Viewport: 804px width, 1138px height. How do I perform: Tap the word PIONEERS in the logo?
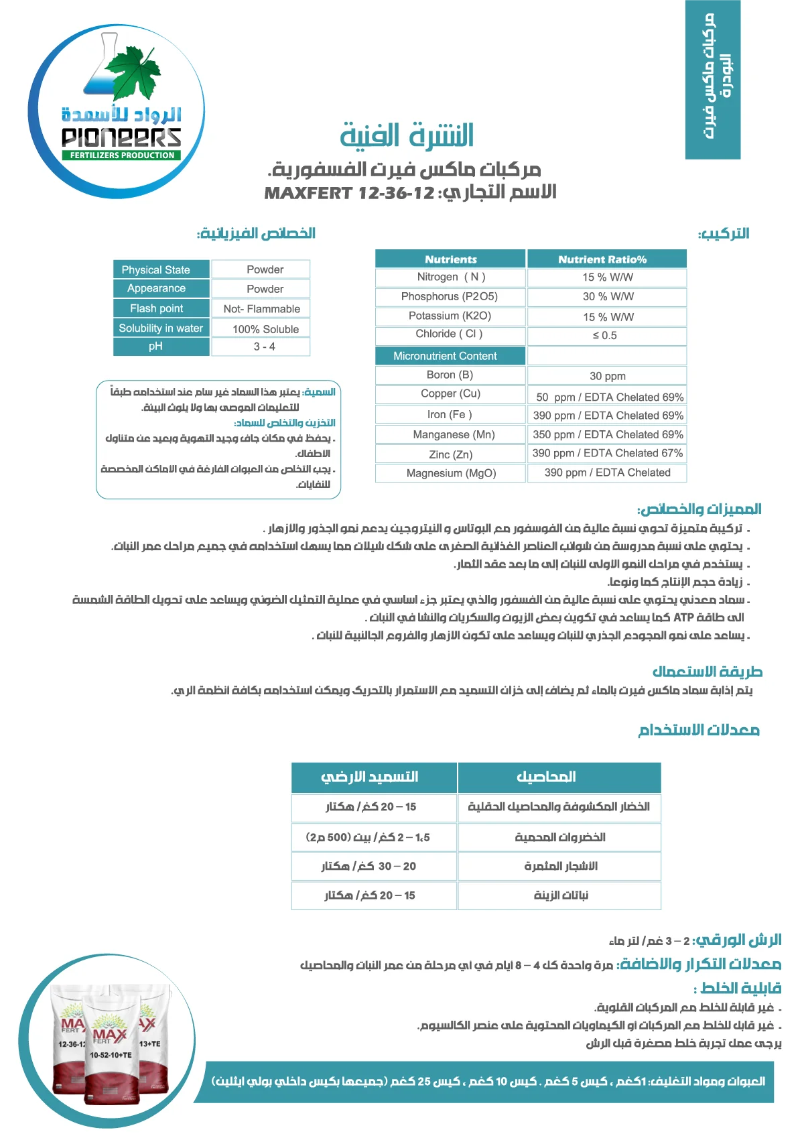click(121, 137)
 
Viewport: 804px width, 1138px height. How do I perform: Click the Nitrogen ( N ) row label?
click(451, 277)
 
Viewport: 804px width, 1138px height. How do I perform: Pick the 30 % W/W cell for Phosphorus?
click(608, 296)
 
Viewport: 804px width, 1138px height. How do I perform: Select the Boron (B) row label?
click(450, 375)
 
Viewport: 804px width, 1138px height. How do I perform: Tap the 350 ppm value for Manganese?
click(608, 434)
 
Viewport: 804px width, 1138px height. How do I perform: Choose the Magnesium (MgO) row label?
click(451, 473)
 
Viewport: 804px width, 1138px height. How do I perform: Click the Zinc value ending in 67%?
click(607, 453)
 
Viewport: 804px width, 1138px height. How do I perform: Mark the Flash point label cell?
click(156, 308)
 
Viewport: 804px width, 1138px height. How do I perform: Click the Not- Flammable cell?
click(261, 309)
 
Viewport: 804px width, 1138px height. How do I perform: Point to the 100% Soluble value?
click(265, 329)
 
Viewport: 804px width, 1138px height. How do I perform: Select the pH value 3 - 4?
click(264, 346)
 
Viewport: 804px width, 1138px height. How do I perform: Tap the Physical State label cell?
click(155, 269)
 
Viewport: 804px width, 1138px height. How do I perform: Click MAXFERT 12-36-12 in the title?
click(350, 194)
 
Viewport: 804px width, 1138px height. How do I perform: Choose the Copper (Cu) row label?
click(450, 394)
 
